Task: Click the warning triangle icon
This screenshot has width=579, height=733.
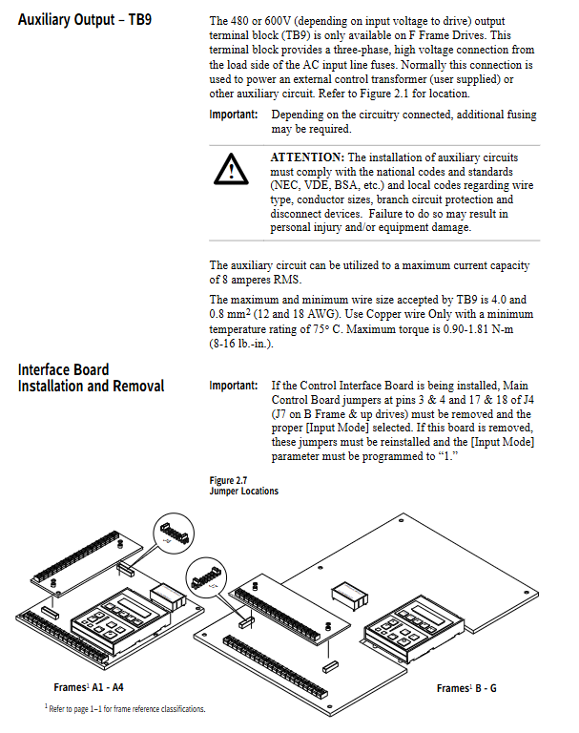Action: click(230, 169)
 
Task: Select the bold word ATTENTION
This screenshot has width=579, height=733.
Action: click(306, 157)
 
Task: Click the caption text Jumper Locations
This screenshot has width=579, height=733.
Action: click(244, 491)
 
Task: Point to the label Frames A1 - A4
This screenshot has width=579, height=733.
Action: click(89, 687)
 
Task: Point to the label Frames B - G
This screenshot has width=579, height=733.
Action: click(466, 688)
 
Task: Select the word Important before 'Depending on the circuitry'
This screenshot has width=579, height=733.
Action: click(234, 115)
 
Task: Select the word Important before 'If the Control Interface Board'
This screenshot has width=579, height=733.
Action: click(234, 386)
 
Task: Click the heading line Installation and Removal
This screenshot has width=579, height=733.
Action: click(91, 387)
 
